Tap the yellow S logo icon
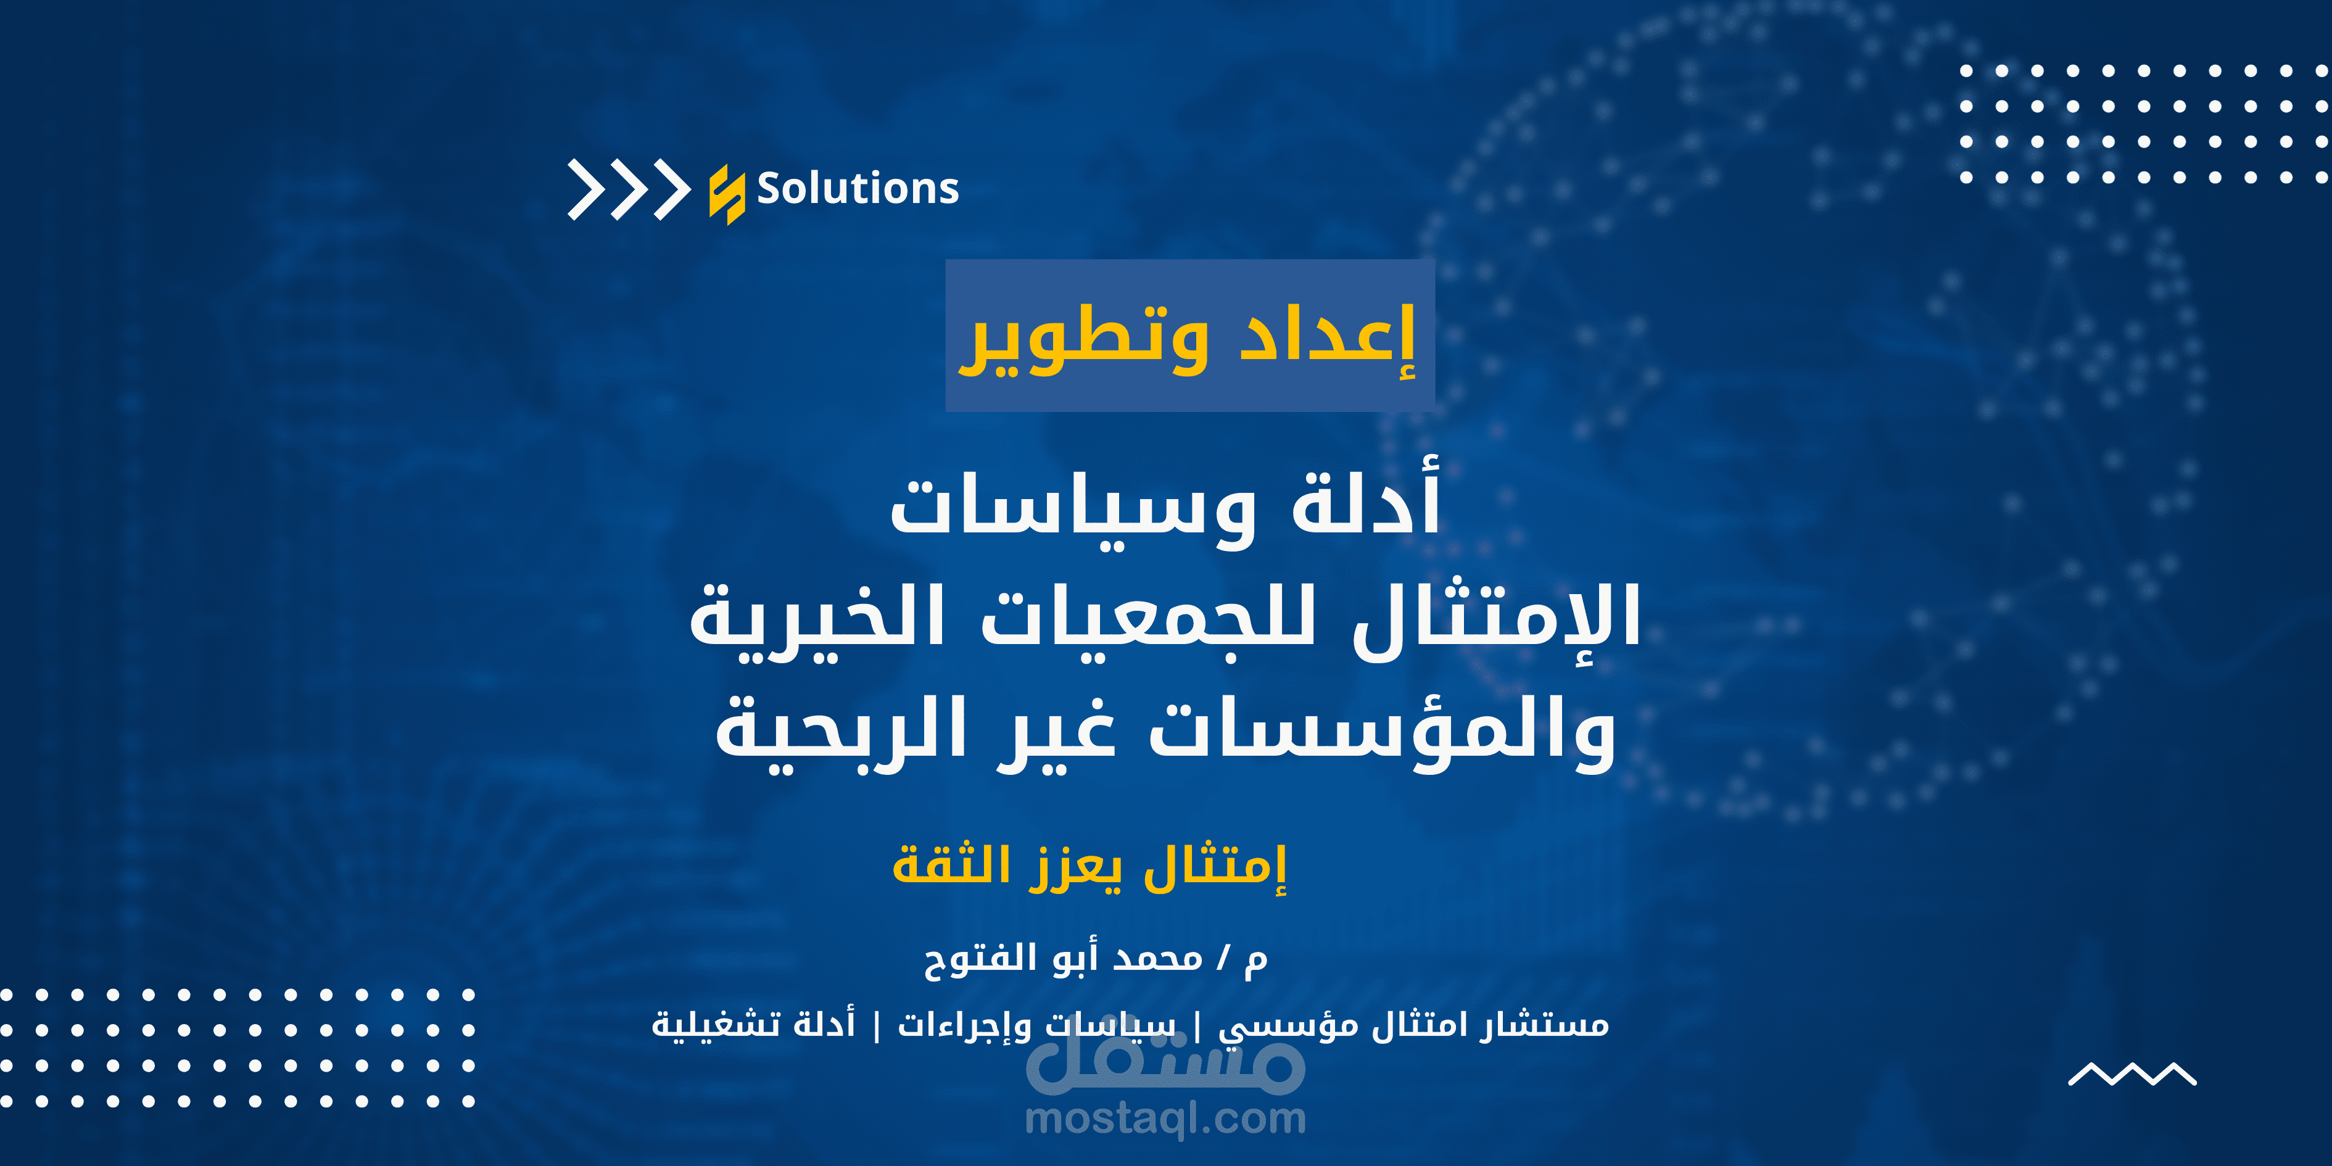(726, 194)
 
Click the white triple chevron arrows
(628, 189)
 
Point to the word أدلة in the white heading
(1365, 503)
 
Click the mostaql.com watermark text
(1165, 1119)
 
